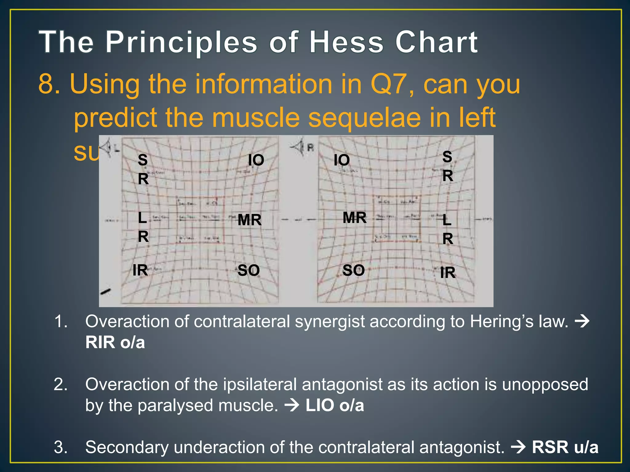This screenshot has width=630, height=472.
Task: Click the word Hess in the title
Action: pos(347,42)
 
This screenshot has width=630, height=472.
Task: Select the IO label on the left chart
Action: pos(256,160)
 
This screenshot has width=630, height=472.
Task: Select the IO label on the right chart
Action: pos(342,160)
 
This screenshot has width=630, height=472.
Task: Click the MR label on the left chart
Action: pos(249,220)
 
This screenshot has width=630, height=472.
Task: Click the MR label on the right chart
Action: pos(354,218)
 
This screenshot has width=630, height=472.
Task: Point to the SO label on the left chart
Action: pos(249,270)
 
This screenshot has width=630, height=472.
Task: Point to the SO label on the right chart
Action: pos(353,270)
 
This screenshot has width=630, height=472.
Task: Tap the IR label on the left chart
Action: pos(140,270)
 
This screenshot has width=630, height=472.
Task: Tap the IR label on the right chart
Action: pos(448,273)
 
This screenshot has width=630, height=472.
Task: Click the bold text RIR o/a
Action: pos(115,342)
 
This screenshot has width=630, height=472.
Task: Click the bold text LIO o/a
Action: pos(335,405)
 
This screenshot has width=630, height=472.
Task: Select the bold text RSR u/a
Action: pos(565,447)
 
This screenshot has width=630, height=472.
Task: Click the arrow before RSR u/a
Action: pos(518,447)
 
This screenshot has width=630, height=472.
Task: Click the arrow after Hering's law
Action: pos(582,322)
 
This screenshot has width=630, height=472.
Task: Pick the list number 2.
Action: pos(61,384)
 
